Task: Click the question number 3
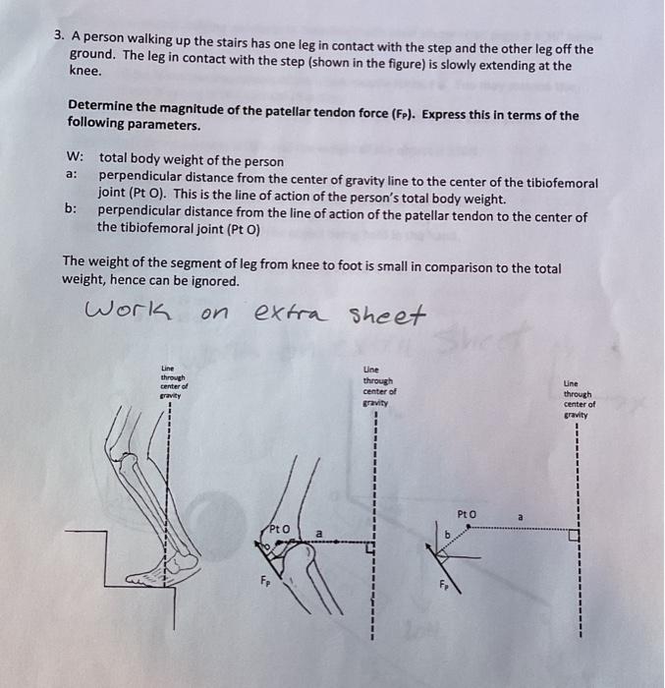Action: point(59,35)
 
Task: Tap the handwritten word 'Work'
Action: point(128,311)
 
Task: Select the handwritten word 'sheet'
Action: point(387,315)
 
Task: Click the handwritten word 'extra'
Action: point(291,313)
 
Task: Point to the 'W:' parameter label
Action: point(75,156)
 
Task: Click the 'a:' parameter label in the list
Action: point(72,174)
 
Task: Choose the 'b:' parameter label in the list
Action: point(71,208)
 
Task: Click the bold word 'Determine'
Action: point(94,105)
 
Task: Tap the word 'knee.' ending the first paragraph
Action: point(85,71)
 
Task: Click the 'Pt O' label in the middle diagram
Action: point(279,529)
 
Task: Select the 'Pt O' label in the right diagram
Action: point(466,514)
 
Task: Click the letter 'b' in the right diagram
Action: point(448,535)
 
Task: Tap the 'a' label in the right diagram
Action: point(521,517)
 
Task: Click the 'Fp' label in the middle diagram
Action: point(265,581)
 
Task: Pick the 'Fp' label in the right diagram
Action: point(444,585)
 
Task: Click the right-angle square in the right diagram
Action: point(574,536)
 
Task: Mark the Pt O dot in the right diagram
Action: point(469,526)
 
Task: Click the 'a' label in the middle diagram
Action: point(319,534)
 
